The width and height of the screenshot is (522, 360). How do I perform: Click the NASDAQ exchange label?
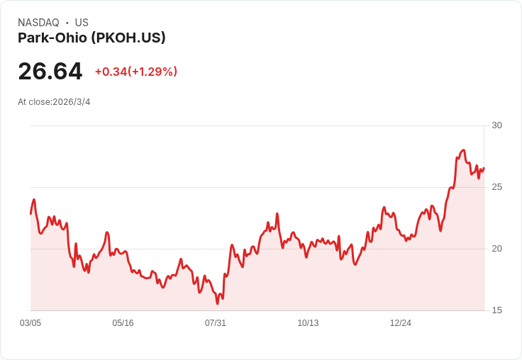[38, 23]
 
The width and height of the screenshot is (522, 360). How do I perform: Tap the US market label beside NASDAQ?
[82, 23]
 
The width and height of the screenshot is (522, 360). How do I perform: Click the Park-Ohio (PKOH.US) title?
[91, 38]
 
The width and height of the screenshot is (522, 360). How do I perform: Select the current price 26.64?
[50, 71]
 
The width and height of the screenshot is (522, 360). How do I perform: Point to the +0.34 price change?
[111, 72]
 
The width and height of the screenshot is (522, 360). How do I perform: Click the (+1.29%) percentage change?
[152, 72]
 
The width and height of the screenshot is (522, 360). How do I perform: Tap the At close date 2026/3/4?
[54, 102]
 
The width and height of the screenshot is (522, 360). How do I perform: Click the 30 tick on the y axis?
[496, 125]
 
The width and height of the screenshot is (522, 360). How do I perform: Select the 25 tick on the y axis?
[496, 187]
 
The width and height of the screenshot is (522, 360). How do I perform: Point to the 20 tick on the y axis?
[496, 249]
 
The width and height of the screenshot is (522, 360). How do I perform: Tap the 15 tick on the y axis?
[496, 310]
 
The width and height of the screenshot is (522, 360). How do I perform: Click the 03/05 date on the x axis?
[30, 323]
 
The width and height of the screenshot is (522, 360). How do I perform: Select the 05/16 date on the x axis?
[123, 323]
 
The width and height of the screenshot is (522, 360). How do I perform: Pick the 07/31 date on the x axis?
[216, 323]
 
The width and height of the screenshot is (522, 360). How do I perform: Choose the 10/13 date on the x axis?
[308, 323]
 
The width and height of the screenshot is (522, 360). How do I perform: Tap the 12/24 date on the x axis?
[401, 323]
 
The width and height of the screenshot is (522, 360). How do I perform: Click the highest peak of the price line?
[463, 150]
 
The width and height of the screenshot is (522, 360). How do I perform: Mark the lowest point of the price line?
[218, 303]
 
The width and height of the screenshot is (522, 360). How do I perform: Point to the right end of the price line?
[484, 168]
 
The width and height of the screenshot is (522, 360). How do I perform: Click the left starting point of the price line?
[30, 213]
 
